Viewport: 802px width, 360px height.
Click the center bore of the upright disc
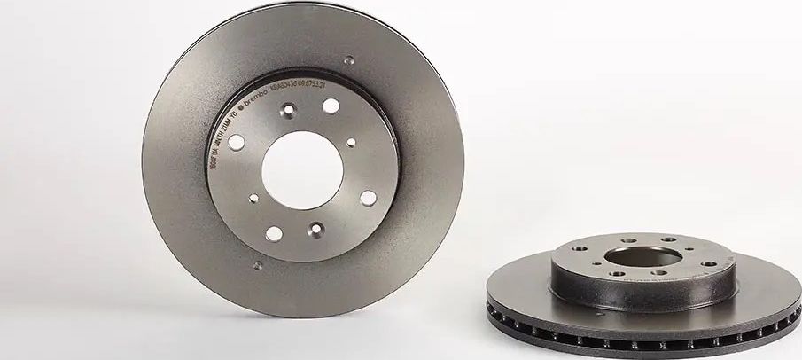pyautogui.click(x=303, y=169)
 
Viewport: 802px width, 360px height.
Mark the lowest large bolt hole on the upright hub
pyautogui.click(x=275, y=233)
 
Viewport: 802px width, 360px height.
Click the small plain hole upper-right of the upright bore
pyautogui.click(x=351, y=142)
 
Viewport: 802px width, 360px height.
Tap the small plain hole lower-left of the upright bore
pyautogui.click(x=254, y=199)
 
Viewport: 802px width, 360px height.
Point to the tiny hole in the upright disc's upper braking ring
pyautogui.click(x=349, y=61)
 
